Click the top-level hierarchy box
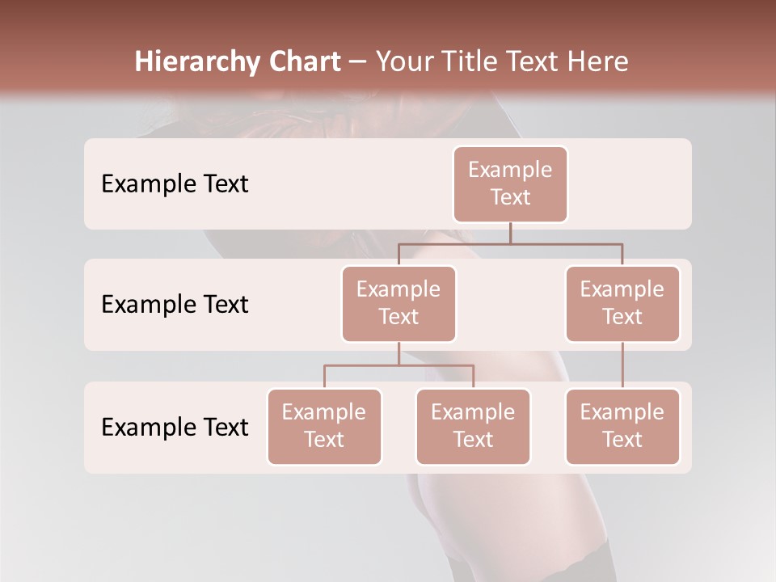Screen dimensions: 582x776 (510, 183)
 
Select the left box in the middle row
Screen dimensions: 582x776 (399, 303)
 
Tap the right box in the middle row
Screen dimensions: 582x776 (622, 303)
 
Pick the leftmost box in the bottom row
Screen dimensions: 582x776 (324, 426)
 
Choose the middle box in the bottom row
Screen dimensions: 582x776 (473, 426)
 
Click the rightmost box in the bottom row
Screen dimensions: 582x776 (622, 426)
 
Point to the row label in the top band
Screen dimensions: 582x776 (175, 184)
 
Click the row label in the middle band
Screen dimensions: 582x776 (175, 305)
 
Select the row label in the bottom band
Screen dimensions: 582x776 (175, 427)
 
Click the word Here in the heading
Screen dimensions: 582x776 (597, 61)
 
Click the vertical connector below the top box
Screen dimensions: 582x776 (510, 233)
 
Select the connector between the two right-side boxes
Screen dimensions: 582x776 (622, 365)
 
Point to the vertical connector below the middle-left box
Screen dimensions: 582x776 (399, 353)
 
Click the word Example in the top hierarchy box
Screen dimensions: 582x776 (510, 170)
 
